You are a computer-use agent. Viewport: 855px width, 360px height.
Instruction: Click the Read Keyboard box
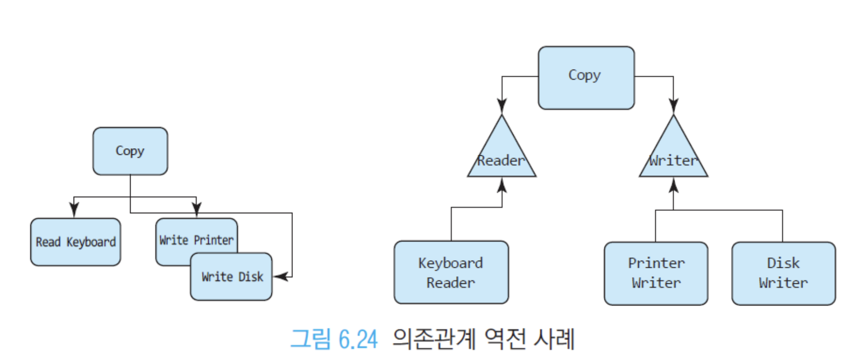pyautogui.click(x=76, y=242)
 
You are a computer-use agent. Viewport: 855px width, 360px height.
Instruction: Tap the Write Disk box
pyautogui.click(x=231, y=277)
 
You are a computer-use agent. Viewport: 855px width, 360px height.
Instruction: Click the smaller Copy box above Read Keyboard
pyautogui.click(x=130, y=151)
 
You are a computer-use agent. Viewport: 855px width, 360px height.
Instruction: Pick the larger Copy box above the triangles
pyautogui.click(x=586, y=78)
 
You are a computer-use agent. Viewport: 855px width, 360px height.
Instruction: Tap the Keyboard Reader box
pyautogui.click(x=451, y=272)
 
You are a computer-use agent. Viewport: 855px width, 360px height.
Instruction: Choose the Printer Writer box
pyautogui.click(x=656, y=273)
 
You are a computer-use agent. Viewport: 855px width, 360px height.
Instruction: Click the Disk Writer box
pyautogui.click(x=783, y=273)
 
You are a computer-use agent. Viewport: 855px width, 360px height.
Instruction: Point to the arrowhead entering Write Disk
pyautogui.click(x=281, y=276)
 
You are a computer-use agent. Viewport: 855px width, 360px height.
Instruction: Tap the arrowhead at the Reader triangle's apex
pyautogui.click(x=502, y=106)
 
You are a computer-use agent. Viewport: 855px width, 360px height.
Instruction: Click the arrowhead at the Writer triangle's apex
pyautogui.click(x=674, y=106)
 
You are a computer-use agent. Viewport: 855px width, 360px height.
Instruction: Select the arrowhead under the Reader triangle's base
pyautogui.click(x=502, y=185)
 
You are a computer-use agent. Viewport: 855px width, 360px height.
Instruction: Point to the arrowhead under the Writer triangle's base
pyautogui.click(x=674, y=185)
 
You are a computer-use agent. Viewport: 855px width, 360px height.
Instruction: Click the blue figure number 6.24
pyautogui.click(x=358, y=339)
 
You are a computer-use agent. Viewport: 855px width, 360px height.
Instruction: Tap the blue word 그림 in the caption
pyautogui.click(x=311, y=339)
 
